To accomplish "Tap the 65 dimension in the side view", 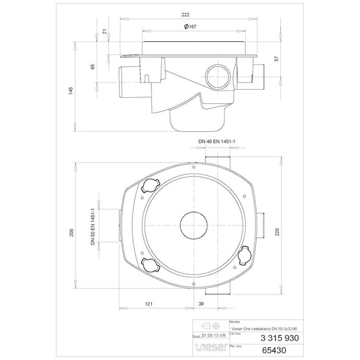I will (x=93, y=67).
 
